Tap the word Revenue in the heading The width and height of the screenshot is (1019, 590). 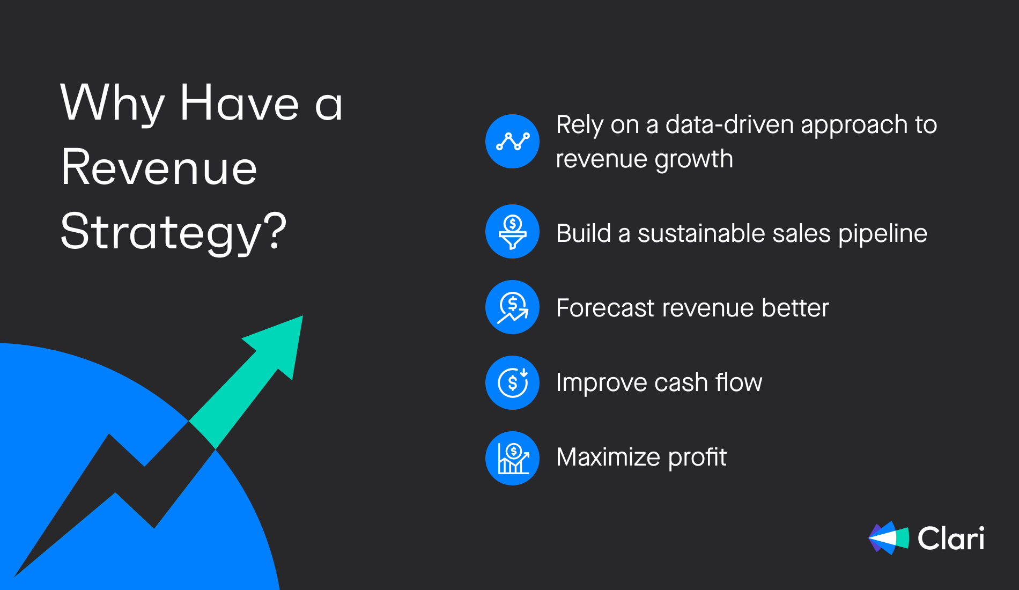pyautogui.click(x=159, y=168)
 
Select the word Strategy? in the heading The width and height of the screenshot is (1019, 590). pyautogui.click(x=174, y=232)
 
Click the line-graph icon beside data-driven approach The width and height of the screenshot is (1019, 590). pyautogui.click(x=513, y=142)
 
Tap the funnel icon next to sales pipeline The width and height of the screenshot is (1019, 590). pyautogui.click(x=513, y=232)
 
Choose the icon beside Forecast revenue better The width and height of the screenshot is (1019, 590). pyautogui.click(x=513, y=307)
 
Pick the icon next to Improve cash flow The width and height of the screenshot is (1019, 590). pyautogui.click(x=513, y=383)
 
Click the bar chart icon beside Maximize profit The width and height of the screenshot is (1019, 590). pyautogui.click(x=513, y=459)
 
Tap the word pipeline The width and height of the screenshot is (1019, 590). pyautogui.click(x=883, y=234)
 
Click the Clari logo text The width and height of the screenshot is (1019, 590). pyautogui.click(x=951, y=538)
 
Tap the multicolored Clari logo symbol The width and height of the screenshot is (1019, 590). pyautogui.click(x=889, y=538)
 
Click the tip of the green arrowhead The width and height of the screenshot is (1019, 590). pyautogui.click(x=302, y=316)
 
